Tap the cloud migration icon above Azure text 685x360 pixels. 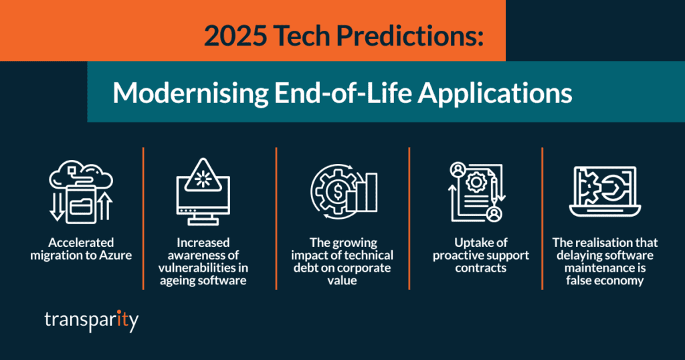81,191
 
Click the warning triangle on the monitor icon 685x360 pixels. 203,175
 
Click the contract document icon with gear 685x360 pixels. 476,191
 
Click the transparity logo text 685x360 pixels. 91,321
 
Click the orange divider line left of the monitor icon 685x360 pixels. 144,218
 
